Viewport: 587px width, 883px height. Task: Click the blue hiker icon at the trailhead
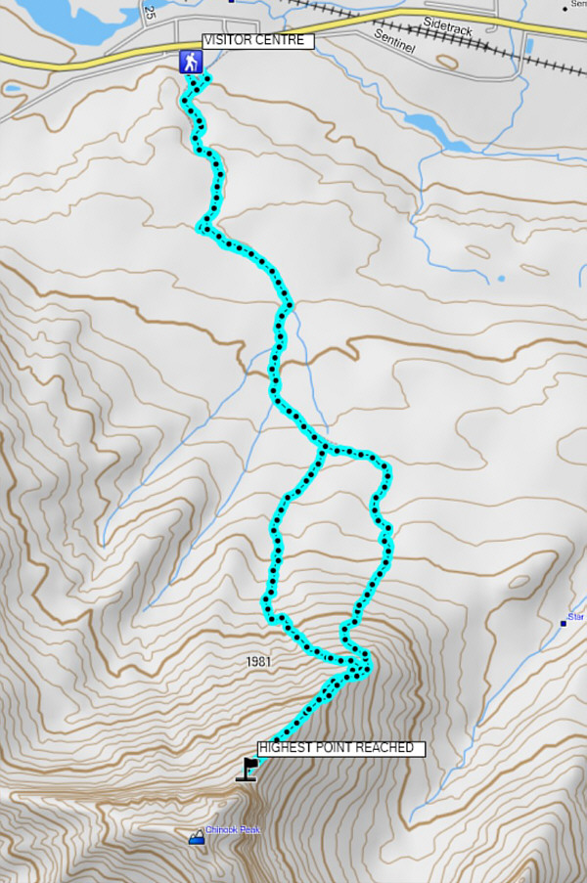(191, 62)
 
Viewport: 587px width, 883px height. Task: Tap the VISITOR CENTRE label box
(258, 41)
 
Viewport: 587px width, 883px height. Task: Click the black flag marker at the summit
(246, 769)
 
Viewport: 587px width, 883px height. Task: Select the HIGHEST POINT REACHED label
(341, 748)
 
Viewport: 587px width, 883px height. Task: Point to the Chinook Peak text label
(233, 830)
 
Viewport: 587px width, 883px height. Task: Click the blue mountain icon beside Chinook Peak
(197, 836)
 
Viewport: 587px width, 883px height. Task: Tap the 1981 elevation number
(259, 662)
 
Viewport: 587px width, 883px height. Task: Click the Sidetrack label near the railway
(449, 25)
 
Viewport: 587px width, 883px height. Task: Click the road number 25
(150, 12)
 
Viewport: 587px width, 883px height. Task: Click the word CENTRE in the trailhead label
(284, 41)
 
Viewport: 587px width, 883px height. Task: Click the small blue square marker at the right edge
(564, 621)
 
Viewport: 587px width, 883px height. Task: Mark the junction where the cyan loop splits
(324, 450)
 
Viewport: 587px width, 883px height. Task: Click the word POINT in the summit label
(339, 748)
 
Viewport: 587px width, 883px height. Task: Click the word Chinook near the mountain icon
(222, 830)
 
